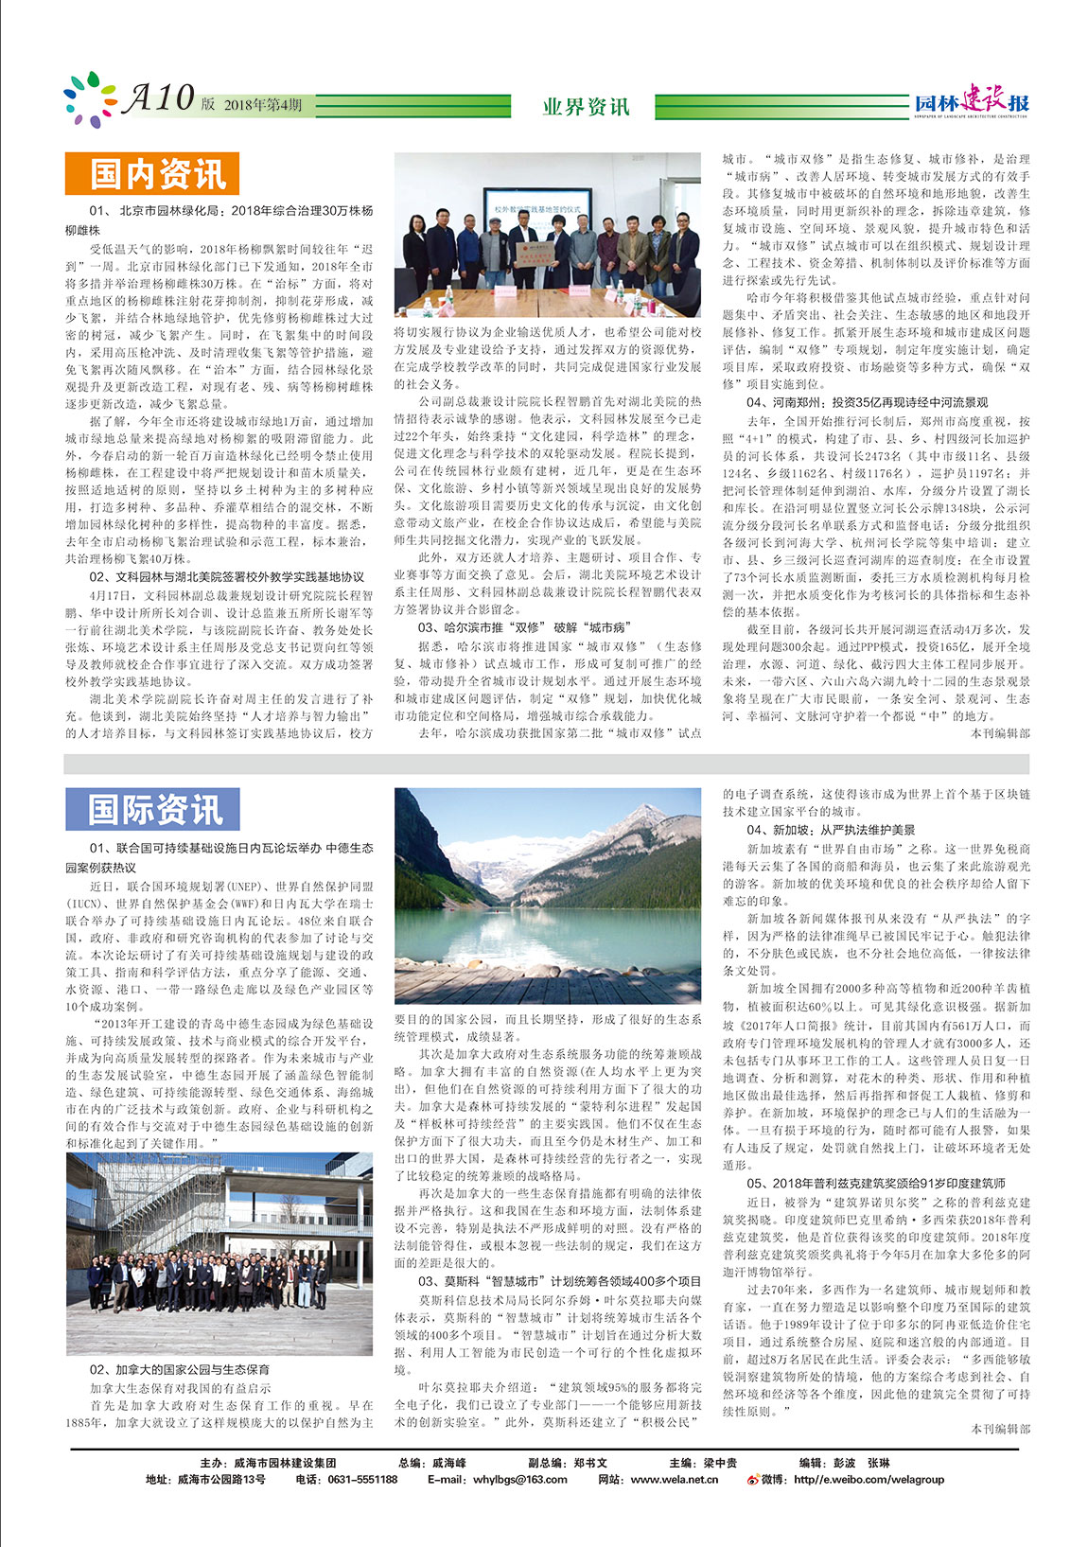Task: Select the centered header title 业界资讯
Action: coord(586,106)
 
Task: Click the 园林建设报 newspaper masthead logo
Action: coord(971,101)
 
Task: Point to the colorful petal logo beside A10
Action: coord(90,99)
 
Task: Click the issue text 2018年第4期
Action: coord(263,105)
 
